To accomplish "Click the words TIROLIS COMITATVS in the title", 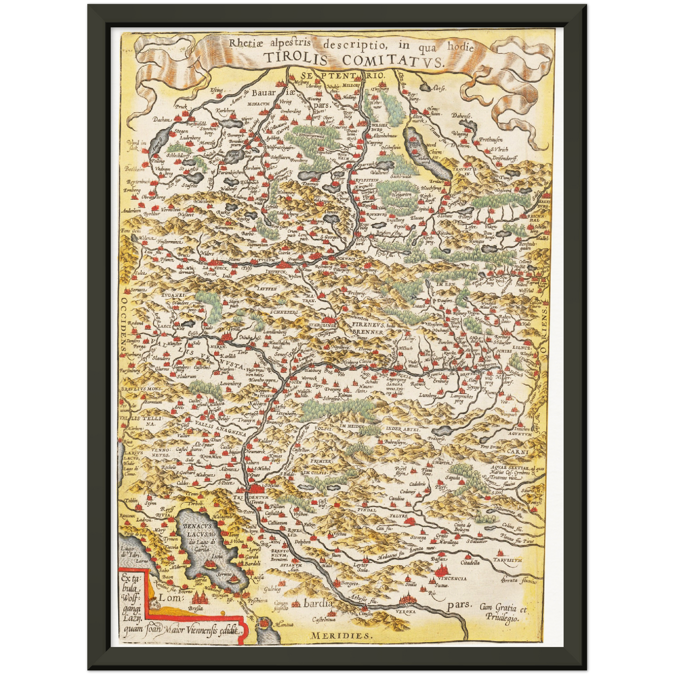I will coord(353,60).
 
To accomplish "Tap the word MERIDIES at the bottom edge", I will coord(341,636).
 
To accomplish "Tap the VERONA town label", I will coord(405,611).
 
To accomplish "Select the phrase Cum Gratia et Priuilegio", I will coord(503,612).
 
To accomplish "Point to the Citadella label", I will coord(470,563).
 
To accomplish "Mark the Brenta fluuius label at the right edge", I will coord(519,581).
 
